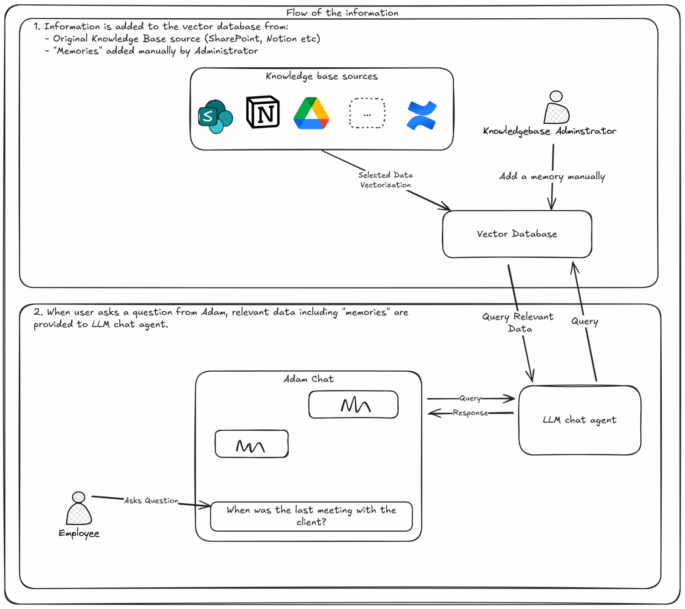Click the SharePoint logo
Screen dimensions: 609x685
click(x=215, y=117)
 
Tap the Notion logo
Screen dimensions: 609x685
click(x=263, y=112)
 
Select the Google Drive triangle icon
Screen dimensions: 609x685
click(x=311, y=113)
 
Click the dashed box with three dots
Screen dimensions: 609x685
click(x=367, y=113)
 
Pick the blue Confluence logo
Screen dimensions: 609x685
click(x=422, y=115)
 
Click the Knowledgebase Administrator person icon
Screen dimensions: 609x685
click(x=556, y=107)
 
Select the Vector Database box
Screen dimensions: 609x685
click(x=517, y=234)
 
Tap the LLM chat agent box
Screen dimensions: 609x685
click(x=580, y=420)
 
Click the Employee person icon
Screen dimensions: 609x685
click(x=79, y=508)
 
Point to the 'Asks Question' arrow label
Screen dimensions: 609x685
click(x=151, y=501)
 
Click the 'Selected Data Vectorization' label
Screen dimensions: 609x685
click(x=385, y=180)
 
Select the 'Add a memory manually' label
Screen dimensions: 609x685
click(x=552, y=176)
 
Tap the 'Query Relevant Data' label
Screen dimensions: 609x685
click(x=518, y=322)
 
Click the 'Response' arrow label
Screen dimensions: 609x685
click(x=470, y=413)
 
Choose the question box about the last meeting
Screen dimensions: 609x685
click(x=311, y=516)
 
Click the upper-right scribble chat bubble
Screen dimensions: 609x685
click(x=353, y=405)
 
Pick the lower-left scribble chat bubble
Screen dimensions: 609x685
click(x=252, y=444)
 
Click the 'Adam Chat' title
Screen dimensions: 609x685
click(x=308, y=379)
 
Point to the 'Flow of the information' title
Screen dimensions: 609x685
click(x=342, y=13)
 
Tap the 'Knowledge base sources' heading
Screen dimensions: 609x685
click(x=321, y=76)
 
